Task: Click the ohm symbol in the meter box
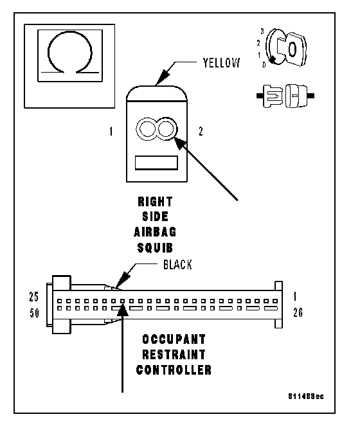[48, 52]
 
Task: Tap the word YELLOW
[221, 63]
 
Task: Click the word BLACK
[177, 265]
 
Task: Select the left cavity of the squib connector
[147, 129]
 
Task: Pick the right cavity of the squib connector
[166, 129]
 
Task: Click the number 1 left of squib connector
[111, 132]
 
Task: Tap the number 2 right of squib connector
[201, 132]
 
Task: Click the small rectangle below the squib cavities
[156, 163]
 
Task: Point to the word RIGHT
[155, 202]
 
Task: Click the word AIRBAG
[155, 232]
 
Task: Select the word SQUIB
[155, 248]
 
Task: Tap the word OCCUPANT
[174, 339]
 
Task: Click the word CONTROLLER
[174, 370]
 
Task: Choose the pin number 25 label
[34, 297]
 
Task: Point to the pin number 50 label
[35, 313]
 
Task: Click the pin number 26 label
[298, 312]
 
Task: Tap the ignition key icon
[285, 47]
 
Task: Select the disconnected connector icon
[285, 96]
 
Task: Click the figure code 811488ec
[306, 397]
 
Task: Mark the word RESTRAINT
[174, 355]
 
